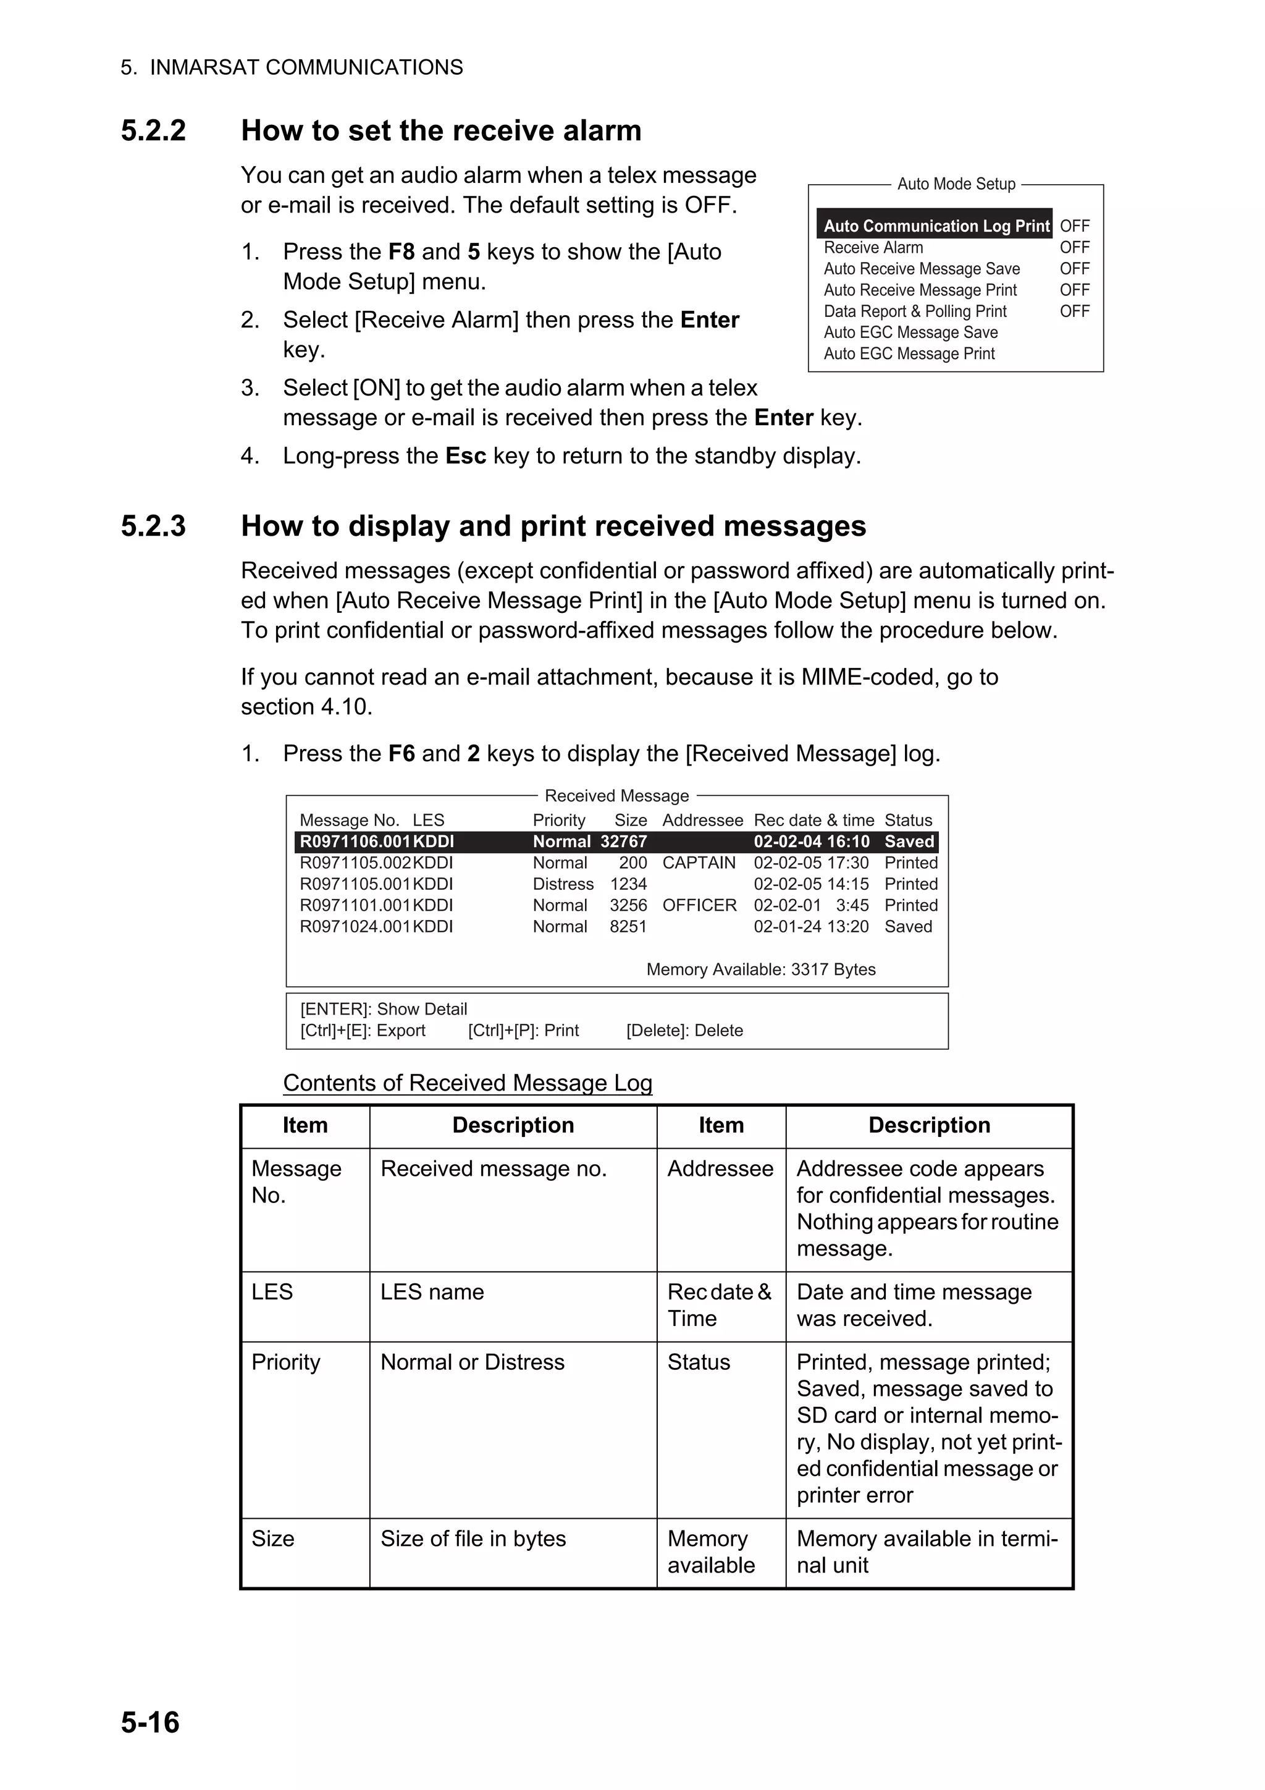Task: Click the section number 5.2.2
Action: click(x=154, y=130)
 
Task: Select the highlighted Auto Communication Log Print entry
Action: click(x=935, y=226)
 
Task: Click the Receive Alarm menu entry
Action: click(x=873, y=248)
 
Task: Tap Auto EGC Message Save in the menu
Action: click(x=910, y=333)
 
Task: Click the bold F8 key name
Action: click(x=401, y=252)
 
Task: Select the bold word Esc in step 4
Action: click(x=465, y=456)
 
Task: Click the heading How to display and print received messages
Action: click(x=553, y=526)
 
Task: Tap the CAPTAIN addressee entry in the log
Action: click(x=699, y=863)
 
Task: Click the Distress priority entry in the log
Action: click(x=563, y=884)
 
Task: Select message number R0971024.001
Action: click(x=355, y=927)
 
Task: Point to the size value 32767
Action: click(x=623, y=842)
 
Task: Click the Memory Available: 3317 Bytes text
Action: click(x=761, y=970)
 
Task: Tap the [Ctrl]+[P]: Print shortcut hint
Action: click(x=523, y=1031)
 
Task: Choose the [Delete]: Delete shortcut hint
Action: click(x=684, y=1031)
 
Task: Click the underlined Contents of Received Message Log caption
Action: click(x=468, y=1083)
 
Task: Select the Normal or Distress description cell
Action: click(x=473, y=1362)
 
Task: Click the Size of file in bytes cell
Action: click(x=473, y=1539)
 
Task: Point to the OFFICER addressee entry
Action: click(x=699, y=906)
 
